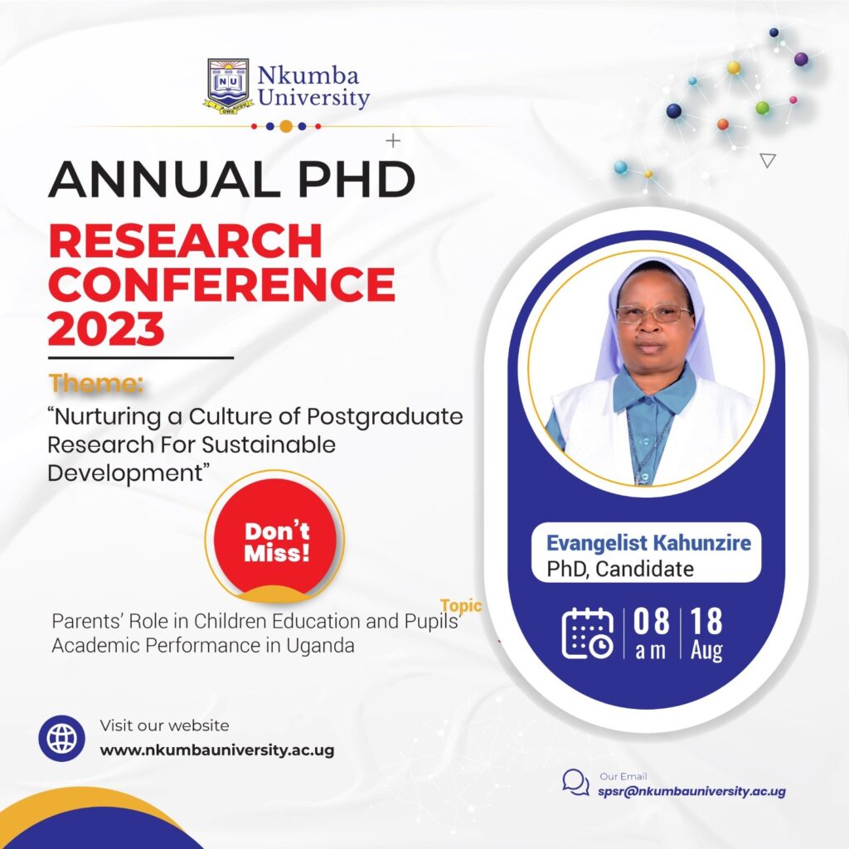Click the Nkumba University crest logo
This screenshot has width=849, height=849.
pyautogui.click(x=229, y=86)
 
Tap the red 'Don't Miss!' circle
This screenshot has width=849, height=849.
pyautogui.click(x=277, y=539)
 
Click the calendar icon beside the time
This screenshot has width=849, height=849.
pyautogui.click(x=588, y=633)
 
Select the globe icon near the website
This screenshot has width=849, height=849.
pyautogui.click(x=61, y=737)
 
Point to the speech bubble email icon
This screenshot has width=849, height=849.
pyautogui.click(x=575, y=783)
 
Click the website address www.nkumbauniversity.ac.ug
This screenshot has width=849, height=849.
pyautogui.click(x=217, y=750)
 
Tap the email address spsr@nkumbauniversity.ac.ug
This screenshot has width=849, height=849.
pyautogui.click(x=691, y=791)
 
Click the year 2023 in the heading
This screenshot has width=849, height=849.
pyautogui.click(x=106, y=328)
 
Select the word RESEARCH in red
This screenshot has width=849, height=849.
pyautogui.click(x=186, y=241)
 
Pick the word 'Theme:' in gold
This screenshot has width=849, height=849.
pyautogui.click(x=96, y=383)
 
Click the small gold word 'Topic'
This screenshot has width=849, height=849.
pyautogui.click(x=461, y=605)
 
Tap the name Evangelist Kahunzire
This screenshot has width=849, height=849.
pyautogui.click(x=648, y=542)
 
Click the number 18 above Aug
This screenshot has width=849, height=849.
pyautogui.click(x=706, y=621)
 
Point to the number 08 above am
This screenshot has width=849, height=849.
pyautogui.click(x=651, y=621)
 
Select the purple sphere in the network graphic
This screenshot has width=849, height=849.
pyautogui.click(x=801, y=59)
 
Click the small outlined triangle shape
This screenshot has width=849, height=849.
pyautogui.click(x=768, y=160)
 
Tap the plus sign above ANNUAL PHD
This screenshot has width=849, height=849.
pyautogui.click(x=393, y=141)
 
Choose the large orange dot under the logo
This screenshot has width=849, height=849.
pyautogui.click(x=286, y=127)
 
